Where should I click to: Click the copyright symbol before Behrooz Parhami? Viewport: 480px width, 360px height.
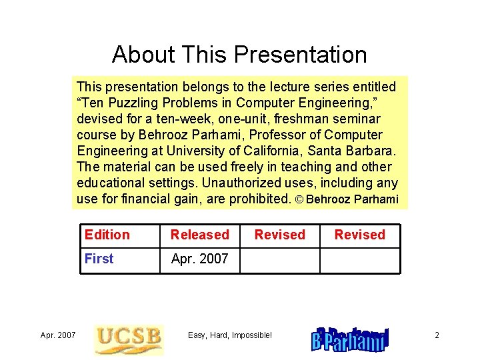tap(299, 199)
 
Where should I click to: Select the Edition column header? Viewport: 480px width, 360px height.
tap(107, 235)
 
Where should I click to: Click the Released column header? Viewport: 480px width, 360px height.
tap(199, 235)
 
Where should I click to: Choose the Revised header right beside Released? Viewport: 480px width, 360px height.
tap(279, 235)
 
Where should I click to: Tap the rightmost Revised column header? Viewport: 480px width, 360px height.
tap(359, 235)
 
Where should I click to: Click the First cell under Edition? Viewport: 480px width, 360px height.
tap(99, 259)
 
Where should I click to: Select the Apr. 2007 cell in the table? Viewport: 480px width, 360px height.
tap(199, 259)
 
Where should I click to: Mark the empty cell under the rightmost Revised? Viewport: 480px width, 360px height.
tap(360, 260)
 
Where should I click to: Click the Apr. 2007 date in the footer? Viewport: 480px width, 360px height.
tap(58, 335)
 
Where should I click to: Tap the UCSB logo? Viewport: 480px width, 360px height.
tap(128, 339)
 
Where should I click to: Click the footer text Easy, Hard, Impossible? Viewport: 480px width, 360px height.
tap(230, 335)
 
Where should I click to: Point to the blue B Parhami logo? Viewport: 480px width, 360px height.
tap(350, 339)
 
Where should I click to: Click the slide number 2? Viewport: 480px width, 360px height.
tap(437, 335)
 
